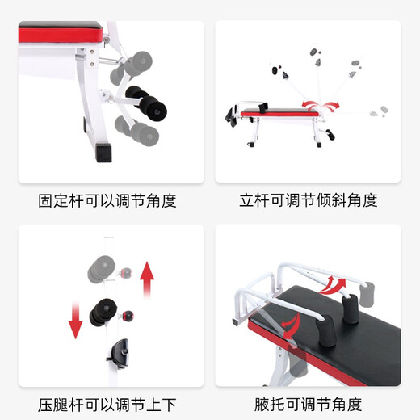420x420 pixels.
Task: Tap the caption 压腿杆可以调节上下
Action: coord(107,405)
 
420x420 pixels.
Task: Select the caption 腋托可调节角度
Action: coord(309,405)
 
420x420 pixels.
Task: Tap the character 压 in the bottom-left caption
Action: coord(47,405)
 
